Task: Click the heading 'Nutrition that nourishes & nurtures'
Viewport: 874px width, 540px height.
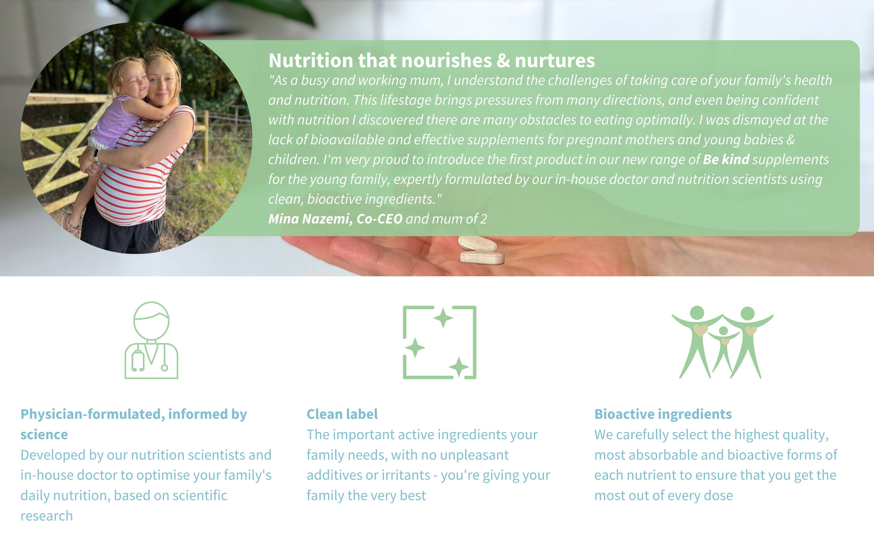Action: pos(432,60)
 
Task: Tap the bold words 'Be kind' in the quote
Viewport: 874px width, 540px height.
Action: pos(726,159)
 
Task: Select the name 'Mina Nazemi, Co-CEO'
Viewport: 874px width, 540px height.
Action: pos(335,219)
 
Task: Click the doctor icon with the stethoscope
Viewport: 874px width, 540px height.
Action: pos(151,340)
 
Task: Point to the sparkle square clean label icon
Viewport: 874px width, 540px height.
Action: pos(439,342)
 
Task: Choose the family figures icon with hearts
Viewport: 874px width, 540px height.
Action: pos(722,342)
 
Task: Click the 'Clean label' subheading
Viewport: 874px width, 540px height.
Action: pos(342,414)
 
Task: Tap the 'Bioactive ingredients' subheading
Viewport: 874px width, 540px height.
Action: pos(663,414)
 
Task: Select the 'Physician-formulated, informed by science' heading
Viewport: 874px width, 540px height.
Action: pos(134,424)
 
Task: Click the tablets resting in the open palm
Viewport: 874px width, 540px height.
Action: pos(481,250)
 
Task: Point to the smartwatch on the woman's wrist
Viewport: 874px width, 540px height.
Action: pos(96,156)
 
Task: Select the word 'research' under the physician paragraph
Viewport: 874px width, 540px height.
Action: pos(47,516)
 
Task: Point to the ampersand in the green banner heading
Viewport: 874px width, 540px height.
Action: pos(503,60)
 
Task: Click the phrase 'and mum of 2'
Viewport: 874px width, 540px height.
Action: pos(446,219)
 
